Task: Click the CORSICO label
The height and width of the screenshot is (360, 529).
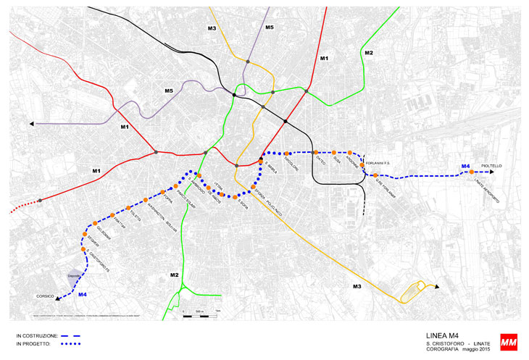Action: coord(40,296)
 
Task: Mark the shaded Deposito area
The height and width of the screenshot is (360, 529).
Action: coord(75,275)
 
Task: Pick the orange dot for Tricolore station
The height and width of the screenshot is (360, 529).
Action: coord(288,153)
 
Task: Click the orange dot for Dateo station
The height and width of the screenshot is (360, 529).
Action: coord(316,153)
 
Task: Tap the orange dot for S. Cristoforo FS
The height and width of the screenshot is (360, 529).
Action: coord(84,250)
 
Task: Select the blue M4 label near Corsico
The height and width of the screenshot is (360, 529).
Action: coord(82,294)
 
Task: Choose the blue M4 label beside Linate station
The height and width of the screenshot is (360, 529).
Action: coord(465,167)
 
